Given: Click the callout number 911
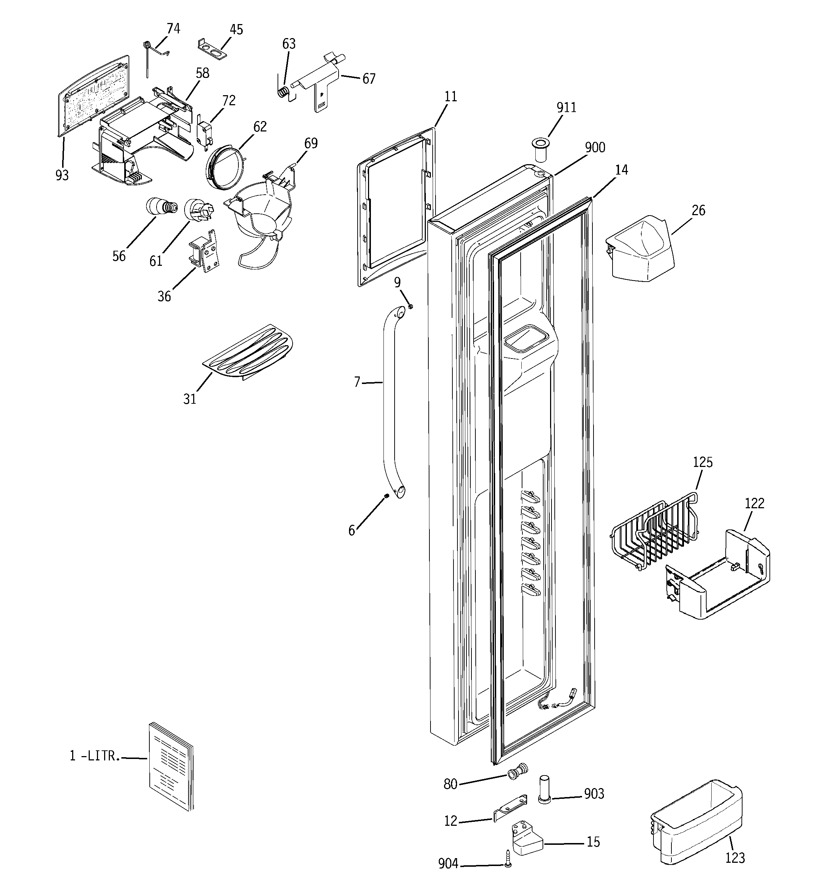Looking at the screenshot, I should pyautogui.click(x=566, y=108).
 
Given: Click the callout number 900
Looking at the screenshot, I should pyautogui.click(x=595, y=148).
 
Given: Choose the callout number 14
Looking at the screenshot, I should pyautogui.click(x=621, y=170).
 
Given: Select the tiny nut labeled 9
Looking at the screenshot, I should pyautogui.click(x=410, y=306).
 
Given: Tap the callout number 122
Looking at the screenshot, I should pyautogui.click(x=754, y=504).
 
